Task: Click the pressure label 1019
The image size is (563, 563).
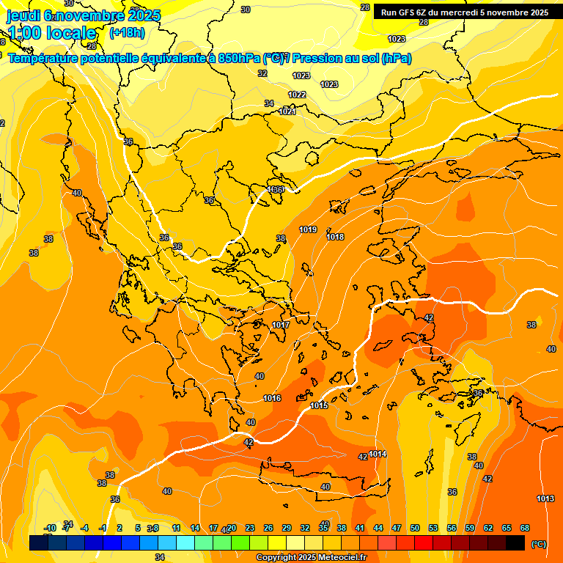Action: click(x=308, y=230)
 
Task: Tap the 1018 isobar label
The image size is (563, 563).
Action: click(x=336, y=237)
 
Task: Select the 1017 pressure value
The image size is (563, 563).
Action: click(x=281, y=325)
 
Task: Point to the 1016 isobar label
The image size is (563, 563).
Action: click(x=272, y=398)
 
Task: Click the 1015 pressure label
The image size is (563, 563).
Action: click(x=319, y=405)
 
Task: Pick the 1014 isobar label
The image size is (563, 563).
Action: click(x=378, y=454)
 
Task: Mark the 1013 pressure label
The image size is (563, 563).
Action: click(x=545, y=498)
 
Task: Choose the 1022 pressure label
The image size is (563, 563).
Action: click(x=297, y=95)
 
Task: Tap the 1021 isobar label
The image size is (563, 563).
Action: click(x=287, y=111)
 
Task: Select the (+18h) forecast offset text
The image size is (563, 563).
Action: click(x=127, y=33)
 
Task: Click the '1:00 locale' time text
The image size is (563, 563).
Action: click(x=52, y=33)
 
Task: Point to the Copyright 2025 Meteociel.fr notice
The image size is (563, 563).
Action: click(x=311, y=558)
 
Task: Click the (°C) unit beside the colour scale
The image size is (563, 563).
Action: click(x=539, y=544)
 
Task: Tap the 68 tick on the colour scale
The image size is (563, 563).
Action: click(x=525, y=528)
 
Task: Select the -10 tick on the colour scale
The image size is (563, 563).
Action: click(x=50, y=528)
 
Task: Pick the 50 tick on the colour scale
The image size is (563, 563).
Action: click(x=415, y=528)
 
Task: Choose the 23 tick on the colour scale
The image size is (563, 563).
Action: click(x=250, y=528)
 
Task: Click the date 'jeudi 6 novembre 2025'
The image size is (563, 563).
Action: click(x=84, y=15)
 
